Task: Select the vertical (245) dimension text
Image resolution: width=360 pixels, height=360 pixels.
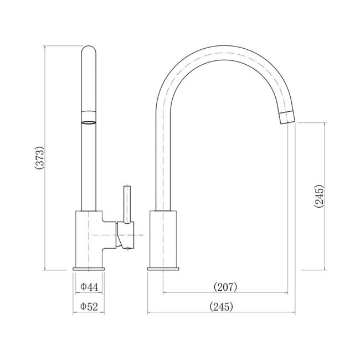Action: click(x=318, y=196)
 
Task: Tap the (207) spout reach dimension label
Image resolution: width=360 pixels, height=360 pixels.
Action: click(x=225, y=287)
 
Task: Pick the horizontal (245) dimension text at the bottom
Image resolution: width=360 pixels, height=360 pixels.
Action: click(x=220, y=306)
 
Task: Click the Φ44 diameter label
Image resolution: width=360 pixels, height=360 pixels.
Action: click(x=89, y=287)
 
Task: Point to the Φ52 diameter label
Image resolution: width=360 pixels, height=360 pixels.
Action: click(x=89, y=306)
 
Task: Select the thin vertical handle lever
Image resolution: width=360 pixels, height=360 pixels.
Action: click(x=127, y=203)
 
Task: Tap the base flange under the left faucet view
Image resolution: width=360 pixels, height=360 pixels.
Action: click(x=89, y=269)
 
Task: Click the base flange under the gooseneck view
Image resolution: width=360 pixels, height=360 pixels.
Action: click(x=163, y=269)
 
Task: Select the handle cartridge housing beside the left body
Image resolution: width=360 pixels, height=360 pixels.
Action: click(x=125, y=235)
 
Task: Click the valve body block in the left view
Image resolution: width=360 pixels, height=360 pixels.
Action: click(x=89, y=238)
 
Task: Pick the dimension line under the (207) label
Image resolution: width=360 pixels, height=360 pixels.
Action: click(x=225, y=293)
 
